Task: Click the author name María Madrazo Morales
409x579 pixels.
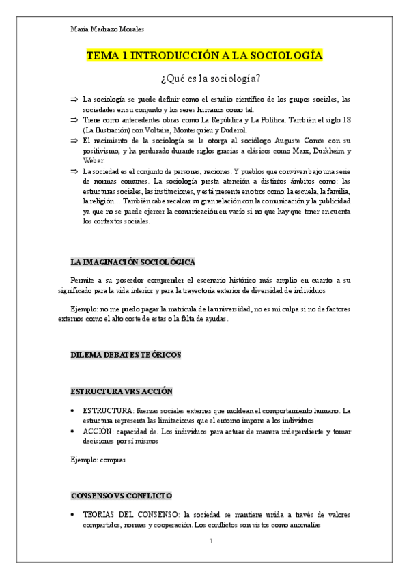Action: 107,29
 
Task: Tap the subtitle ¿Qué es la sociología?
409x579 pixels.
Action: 204,77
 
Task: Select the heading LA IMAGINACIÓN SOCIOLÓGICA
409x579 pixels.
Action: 133,262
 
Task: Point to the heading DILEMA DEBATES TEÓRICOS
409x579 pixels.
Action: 126,354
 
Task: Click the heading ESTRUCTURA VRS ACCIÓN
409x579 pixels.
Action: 122,391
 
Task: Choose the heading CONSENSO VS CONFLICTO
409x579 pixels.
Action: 122,495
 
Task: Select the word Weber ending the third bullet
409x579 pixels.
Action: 94,160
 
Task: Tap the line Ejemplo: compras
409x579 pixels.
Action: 98,460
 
